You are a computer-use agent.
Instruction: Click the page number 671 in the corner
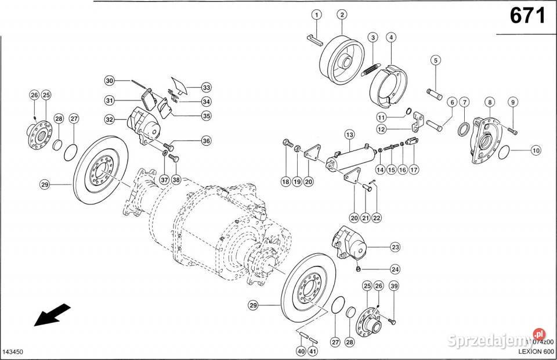pos(527,16)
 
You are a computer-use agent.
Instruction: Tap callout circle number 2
pos(342,15)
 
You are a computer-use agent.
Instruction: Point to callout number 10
pos(535,150)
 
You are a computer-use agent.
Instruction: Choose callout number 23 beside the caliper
pos(395,247)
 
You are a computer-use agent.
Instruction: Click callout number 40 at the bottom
pos(301,351)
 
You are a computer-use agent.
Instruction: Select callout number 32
pos(109,120)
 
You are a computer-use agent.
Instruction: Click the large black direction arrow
pos(52,315)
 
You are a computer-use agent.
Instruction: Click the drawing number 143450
pos(15,352)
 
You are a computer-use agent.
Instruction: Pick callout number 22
pos(377,218)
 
